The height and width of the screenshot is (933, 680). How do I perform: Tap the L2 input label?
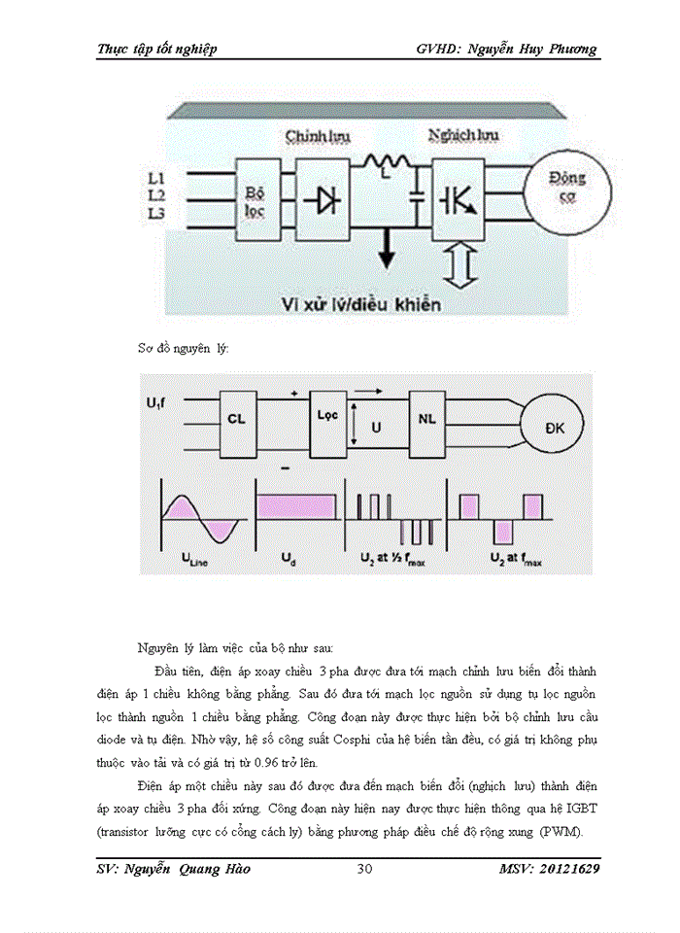[156, 195]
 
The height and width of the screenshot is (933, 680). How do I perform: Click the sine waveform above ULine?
[201, 518]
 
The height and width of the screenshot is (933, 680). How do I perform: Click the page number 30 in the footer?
[364, 869]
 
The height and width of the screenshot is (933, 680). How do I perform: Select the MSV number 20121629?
[565, 869]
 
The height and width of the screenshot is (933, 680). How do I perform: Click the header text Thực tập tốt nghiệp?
[156, 49]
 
